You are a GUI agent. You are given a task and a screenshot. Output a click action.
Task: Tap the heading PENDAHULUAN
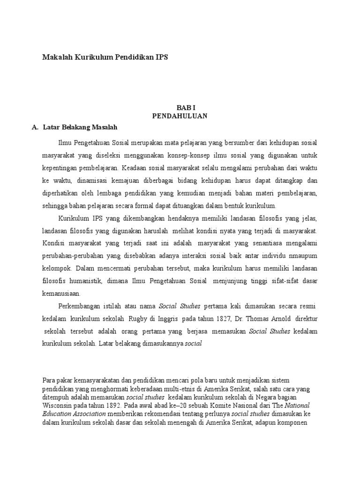180,116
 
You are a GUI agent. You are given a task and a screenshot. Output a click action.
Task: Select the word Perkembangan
80,307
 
